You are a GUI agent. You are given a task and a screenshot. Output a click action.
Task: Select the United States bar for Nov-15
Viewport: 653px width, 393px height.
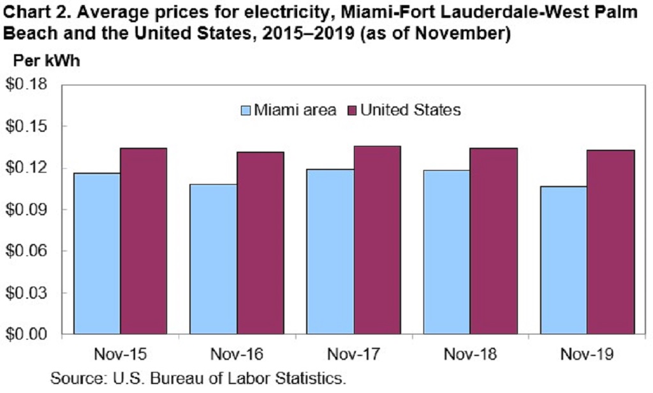143,241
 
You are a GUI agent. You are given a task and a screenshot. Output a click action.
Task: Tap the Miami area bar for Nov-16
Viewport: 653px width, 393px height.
214,259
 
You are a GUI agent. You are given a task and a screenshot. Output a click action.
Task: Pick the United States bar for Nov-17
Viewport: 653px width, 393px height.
378,240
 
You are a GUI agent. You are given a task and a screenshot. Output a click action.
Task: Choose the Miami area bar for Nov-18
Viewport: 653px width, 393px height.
447,252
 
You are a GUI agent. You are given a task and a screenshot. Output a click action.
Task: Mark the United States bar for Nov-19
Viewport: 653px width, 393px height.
611,242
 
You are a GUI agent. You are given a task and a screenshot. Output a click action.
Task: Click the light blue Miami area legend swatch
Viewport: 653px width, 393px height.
246,110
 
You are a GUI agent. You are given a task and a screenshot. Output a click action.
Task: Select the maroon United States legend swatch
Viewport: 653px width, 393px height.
351,110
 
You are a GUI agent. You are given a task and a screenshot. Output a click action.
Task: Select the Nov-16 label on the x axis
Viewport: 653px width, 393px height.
237,354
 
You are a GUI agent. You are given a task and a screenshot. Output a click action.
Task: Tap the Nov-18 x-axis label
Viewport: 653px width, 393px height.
471,354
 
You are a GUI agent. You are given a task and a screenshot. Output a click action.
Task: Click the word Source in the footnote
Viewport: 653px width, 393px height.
75,378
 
